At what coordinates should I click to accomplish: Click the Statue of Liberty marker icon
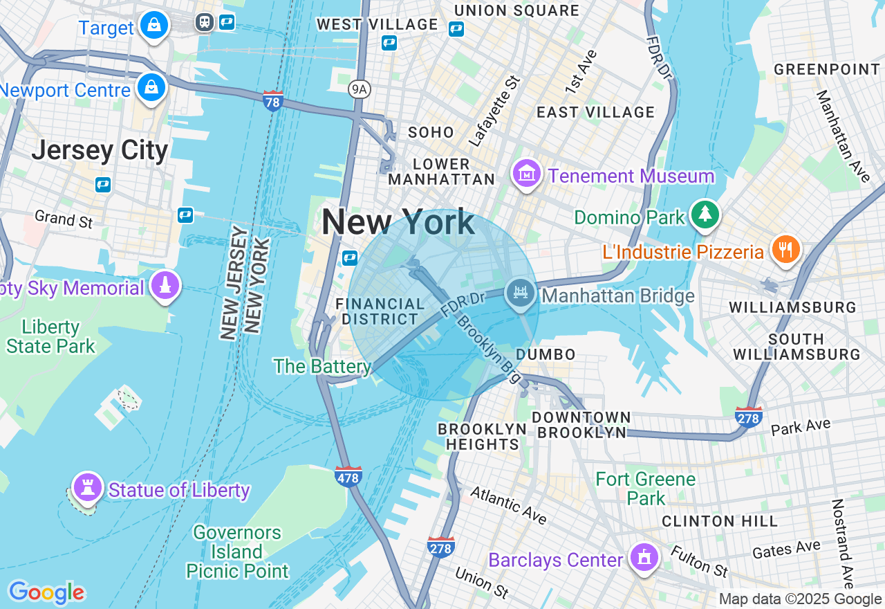click(87, 487)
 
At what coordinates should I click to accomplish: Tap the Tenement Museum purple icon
click(527, 174)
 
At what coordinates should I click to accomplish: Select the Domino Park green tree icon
click(705, 215)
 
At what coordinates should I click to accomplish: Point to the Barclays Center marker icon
click(644, 556)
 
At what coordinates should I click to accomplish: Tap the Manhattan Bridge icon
click(521, 293)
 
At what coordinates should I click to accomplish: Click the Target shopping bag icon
click(154, 26)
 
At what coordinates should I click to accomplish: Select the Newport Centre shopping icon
click(151, 88)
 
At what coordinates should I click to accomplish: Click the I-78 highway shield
click(273, 102)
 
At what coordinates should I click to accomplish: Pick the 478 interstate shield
click(348, 476)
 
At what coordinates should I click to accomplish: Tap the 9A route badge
click(358, 89)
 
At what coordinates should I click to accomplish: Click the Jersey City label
click(100, 150)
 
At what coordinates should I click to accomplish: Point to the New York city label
click(398, 223)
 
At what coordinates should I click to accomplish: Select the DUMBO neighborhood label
click(546, 354)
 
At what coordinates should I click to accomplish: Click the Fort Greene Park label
click(645, 488)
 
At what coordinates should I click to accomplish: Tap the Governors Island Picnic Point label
click(237, 552)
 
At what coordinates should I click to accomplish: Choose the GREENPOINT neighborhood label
click(826, 69)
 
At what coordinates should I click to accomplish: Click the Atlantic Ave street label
click(508, 505)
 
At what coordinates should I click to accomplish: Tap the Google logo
click(46, 592)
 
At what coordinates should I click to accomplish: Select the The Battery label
click(322, 365)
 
